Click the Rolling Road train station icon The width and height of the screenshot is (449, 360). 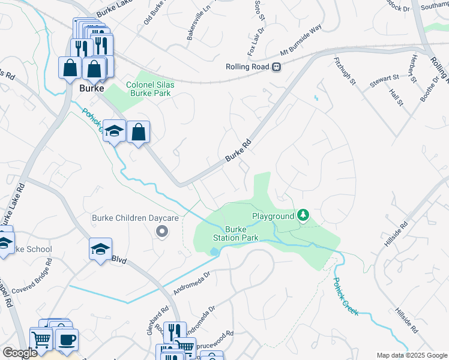tap(276, 67)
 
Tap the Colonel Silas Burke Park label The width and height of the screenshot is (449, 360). tap(150, 89)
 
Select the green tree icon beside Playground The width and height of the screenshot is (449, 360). tap(303, 215)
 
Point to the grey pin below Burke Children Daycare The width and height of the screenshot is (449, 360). tap(161, 231)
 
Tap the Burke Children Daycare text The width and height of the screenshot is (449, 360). tap(135, 218)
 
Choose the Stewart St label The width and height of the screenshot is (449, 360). tap(384, 78)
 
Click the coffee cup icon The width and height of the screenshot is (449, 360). tap(67, 340)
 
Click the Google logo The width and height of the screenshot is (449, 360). tap(20, 353)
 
